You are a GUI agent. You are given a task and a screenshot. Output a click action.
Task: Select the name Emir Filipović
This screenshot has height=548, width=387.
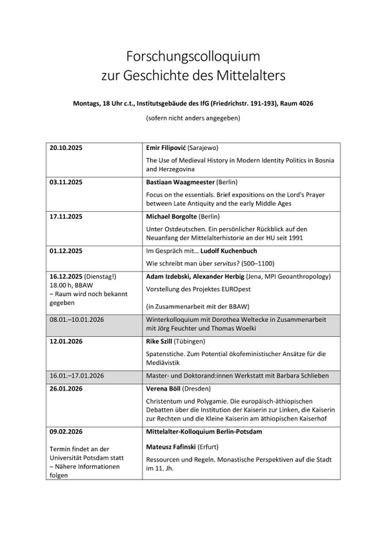pos(170,147)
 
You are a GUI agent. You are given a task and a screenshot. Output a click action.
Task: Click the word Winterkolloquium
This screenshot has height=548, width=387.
pos(176,313)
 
